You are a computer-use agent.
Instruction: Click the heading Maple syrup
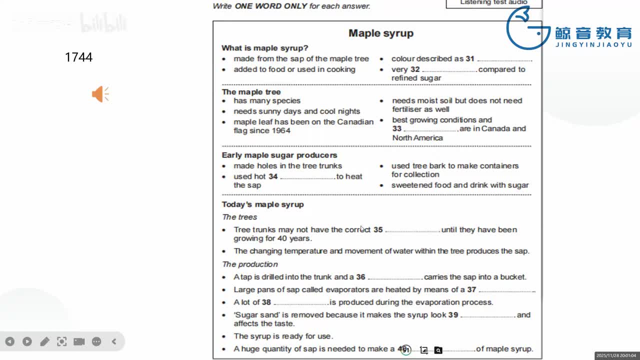381,33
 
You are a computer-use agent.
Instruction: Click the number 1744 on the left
78,57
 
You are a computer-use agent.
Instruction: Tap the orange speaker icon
100,94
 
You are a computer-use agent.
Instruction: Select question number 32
415,69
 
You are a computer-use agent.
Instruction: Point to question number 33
397,129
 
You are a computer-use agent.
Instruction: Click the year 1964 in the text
281,130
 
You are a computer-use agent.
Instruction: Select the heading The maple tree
251,92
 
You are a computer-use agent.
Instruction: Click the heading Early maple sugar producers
279,155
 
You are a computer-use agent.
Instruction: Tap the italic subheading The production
250,264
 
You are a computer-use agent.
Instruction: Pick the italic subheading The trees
239,217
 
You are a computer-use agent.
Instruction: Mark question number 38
266,302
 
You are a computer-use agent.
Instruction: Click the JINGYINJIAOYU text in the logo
593,44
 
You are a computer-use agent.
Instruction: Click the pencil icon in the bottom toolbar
44,341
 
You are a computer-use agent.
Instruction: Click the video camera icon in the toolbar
79,341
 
